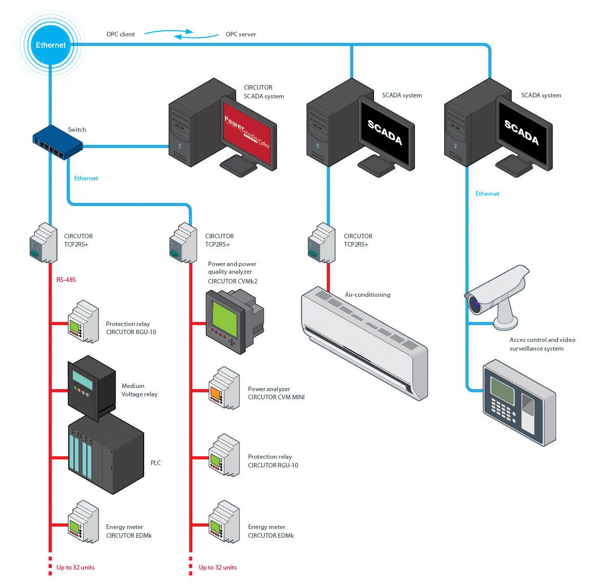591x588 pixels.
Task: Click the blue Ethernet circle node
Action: coord(51,45)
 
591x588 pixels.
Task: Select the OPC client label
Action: coord(121,34)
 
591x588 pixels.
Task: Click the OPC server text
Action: coord(241,34)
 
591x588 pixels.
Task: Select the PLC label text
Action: coord(155,463)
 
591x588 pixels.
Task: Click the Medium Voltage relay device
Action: coord(91,385)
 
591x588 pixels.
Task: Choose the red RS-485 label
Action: coord(66,280)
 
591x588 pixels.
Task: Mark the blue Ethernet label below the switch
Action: coord(86,178)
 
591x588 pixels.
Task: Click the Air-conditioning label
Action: coord(367,295)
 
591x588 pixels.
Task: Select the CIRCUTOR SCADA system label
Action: coord(264,92)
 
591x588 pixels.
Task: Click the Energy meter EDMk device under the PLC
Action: coord(83,522)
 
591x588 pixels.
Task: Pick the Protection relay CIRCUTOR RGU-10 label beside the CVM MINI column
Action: coord(272,461)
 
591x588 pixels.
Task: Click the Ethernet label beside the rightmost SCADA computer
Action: coord(487,194)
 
